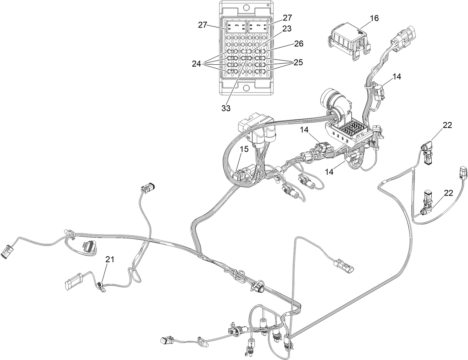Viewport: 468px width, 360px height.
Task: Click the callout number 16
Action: point(374,18)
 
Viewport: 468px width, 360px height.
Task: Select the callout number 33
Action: point(226,108)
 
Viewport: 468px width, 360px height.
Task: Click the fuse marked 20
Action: point(246,58)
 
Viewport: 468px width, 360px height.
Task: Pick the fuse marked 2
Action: point(246,52)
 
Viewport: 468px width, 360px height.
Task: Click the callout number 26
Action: point(299,44)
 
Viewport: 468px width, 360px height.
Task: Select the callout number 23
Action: point(287,28)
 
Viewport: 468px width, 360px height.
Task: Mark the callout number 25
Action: point(298,62)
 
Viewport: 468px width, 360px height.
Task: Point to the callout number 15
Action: point(244,149)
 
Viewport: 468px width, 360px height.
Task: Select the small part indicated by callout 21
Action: point(100,286)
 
